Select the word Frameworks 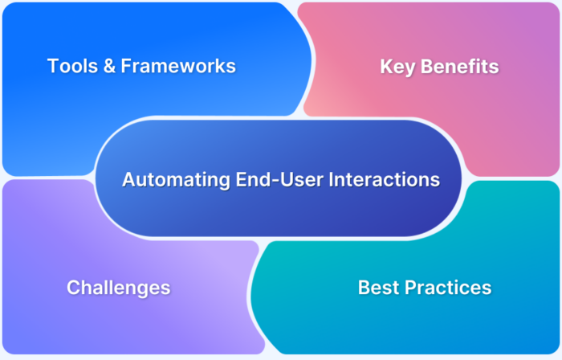[177, 66]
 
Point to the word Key [397, 67]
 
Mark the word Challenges [118, 287]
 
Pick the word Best [377, 287]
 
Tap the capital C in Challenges [73, 287]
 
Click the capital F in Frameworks [125, 66]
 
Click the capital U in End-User [263, 179]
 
